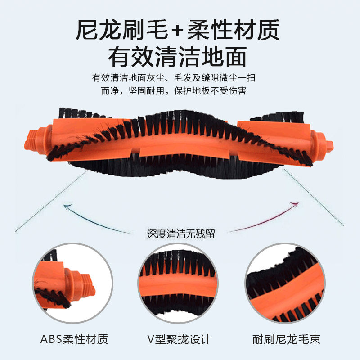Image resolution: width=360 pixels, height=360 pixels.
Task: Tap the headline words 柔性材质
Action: click(234, 31)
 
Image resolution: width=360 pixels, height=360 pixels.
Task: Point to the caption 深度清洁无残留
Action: click(180, 234)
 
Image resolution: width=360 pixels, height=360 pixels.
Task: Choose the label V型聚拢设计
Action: click(180, 339)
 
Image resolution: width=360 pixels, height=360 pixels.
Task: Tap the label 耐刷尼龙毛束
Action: click(286, 339)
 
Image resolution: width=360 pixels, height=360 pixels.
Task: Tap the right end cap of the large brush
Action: click(326, 145)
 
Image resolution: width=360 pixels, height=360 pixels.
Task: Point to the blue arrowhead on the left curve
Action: click(67, 207)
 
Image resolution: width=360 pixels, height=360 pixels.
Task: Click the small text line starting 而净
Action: click(180, 91)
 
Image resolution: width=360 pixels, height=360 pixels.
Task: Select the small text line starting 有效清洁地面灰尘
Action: click(180, 77)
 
